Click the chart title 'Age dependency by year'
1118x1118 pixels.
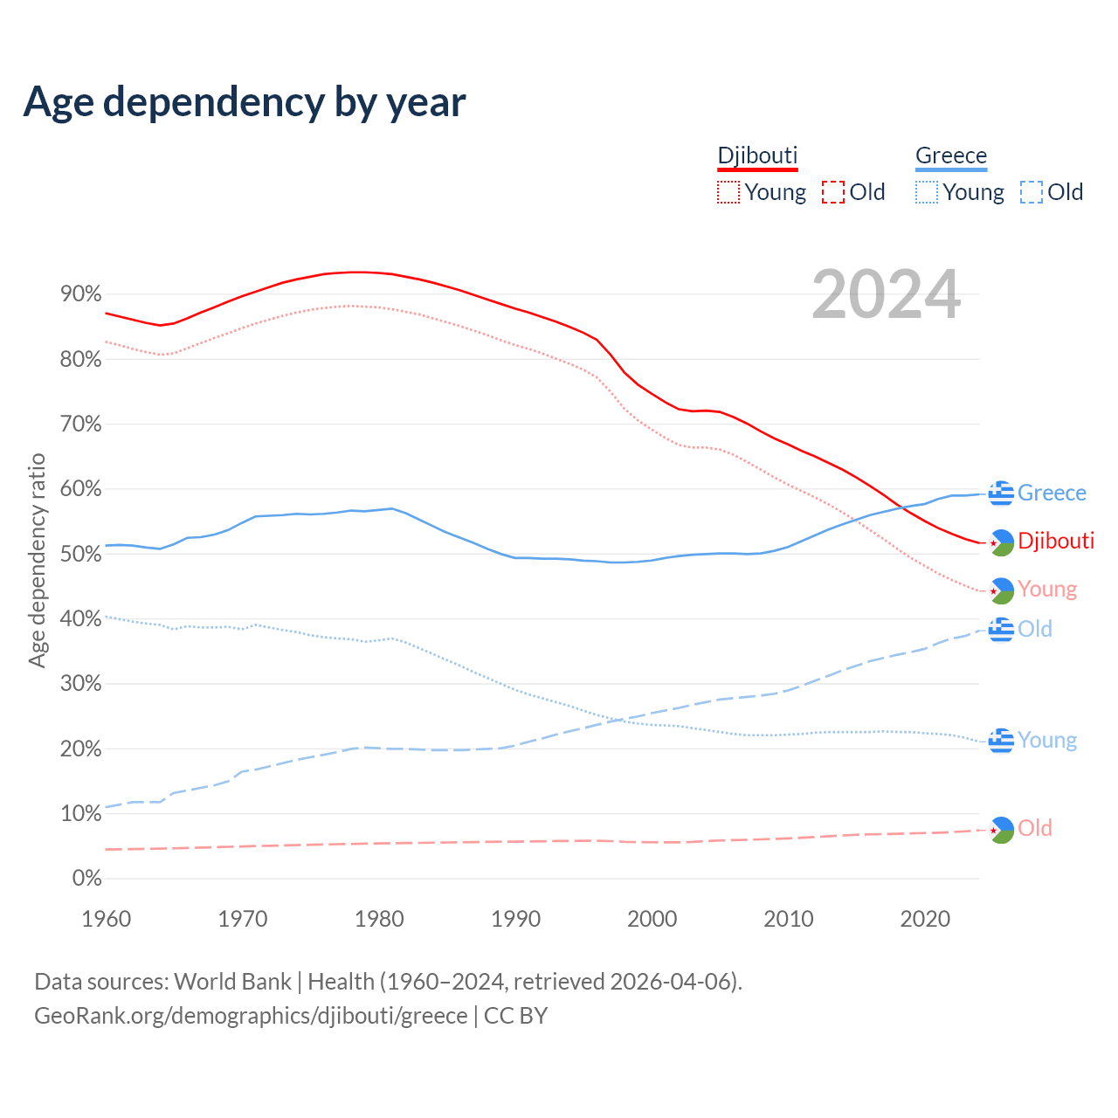245,102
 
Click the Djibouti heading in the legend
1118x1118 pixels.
757,155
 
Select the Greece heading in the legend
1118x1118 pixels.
951,155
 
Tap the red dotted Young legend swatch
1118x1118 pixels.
728,192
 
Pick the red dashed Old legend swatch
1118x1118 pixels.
833,192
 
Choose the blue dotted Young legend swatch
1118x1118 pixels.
927,192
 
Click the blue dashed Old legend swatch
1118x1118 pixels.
1032,192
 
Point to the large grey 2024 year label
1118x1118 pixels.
886,295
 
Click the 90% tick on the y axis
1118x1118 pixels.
80,294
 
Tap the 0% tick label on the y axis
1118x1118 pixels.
86,879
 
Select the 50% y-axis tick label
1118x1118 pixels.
80,554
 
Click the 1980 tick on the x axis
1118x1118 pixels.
379,919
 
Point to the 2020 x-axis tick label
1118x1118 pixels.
925,919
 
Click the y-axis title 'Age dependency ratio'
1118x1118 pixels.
37,560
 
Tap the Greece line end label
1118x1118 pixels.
1052,493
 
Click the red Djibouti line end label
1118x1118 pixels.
1056,541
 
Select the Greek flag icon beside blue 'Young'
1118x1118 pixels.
1001,741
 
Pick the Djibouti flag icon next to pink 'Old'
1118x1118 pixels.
1001,829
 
